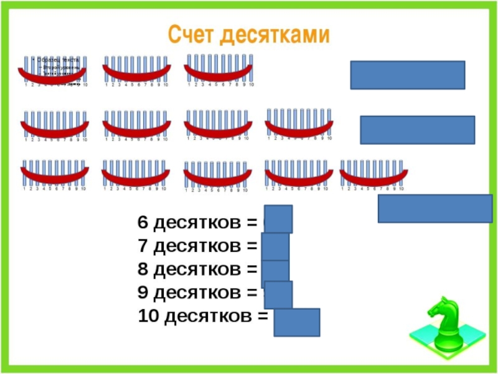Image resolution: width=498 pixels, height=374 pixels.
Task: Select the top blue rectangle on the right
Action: [x=408, y=75]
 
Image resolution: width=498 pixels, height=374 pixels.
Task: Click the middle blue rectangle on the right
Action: [x=417, y=130]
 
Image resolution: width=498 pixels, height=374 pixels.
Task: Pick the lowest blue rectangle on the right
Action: [x=435, y=208]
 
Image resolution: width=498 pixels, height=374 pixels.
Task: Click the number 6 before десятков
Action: [x=144, y=223]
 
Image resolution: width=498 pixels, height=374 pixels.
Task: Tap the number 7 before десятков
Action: [x=144, y=246]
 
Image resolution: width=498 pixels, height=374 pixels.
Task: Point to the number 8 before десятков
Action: [x=144, y=269]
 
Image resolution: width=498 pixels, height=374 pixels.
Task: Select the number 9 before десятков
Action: [x=144, y=292]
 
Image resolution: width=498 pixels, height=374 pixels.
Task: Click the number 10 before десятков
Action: [x=149, y=316]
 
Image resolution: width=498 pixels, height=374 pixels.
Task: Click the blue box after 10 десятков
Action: [x=296, y=322]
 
